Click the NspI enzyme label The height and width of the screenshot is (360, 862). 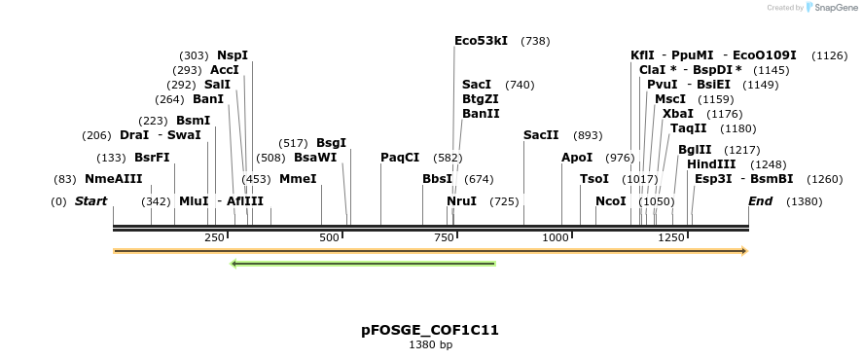pyautogui.click(x=233, y=55)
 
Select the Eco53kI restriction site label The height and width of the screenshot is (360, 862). pyautogui.click(x=481, y=41)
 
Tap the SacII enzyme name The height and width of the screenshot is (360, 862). pyautogui.click(x=541, y=135)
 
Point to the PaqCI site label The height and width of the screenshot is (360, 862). pyautogui.click(x=400, y=158)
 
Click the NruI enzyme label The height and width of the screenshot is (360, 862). pyautogui.click(x=461, y=201)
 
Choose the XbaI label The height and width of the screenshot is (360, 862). pyautogui.click(x=678, y=114)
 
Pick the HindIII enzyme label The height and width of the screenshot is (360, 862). pyautogui.click(x=711, y=164)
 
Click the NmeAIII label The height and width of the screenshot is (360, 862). pyautogui.click(x=114, y=179)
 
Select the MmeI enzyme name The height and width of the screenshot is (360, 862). pyautogui.click(x=298, y=179)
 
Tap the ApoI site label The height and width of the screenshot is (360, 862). pyautogui.click(x=577, y=158)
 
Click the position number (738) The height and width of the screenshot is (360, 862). pyautogui.click(x=536, y=41)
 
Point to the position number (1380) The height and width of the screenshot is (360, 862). pyautogui.click(x=804, y=201)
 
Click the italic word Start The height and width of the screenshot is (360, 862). pyautogui.click(x=91, y=201)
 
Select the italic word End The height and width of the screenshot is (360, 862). pyautogui.click(x=760, y=201)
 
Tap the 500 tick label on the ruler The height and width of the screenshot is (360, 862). pyautogui.click(x=329, y=237)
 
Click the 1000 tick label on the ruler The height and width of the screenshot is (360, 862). pyautogui.click(x=557, y=237)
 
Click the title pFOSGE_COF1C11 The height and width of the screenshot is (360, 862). pyautogui.click(x=430, y=330)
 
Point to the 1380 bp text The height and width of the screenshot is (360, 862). pyautogui.click(x=430, y=344)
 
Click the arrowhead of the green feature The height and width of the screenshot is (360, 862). pyautogui.click(x=234, y=263)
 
